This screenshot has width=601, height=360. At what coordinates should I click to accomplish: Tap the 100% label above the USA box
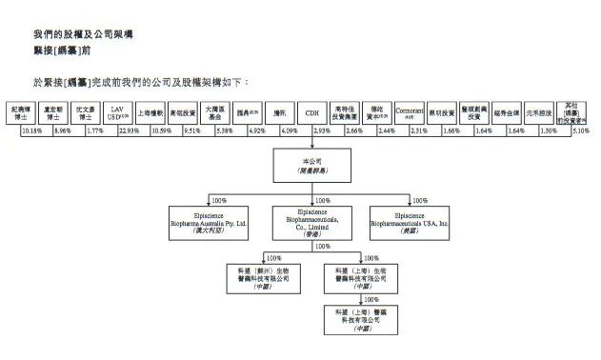click(420, 201)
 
